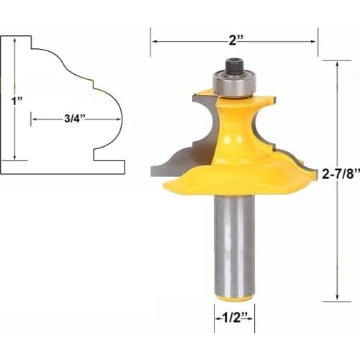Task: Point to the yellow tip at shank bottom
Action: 233,297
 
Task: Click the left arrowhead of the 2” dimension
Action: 153,41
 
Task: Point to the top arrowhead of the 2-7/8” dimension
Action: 337,63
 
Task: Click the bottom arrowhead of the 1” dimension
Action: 14,158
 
